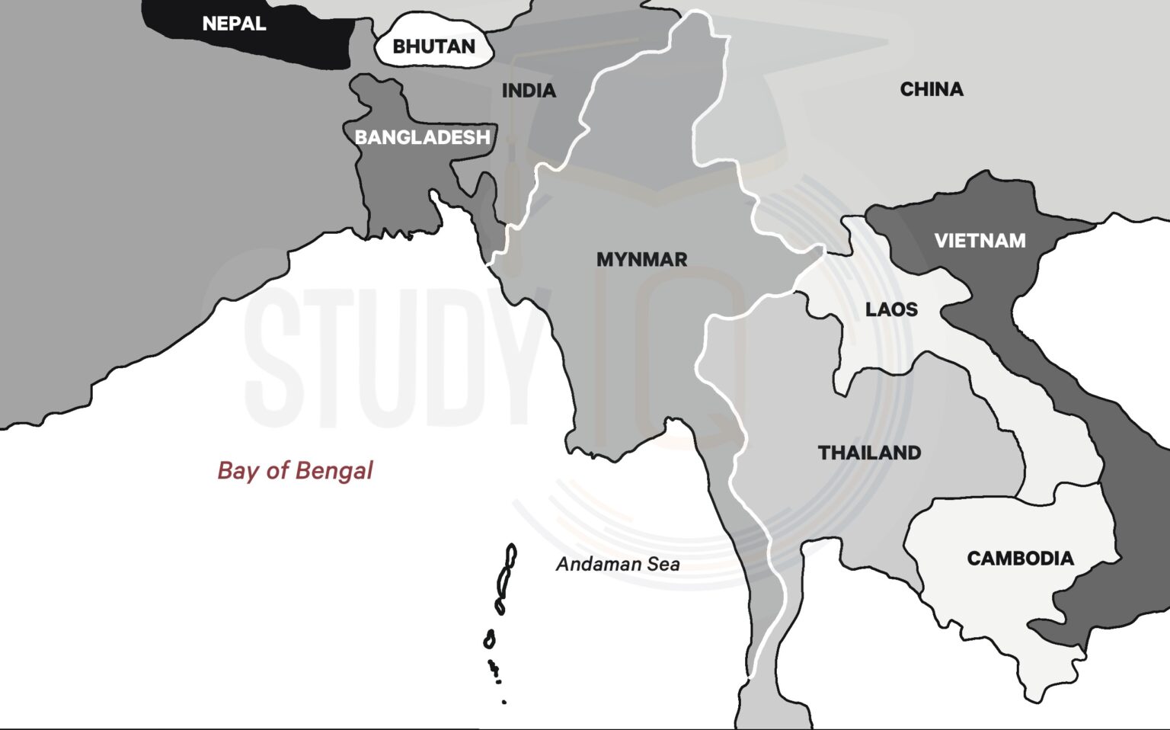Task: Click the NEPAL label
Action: (x=234, y=24)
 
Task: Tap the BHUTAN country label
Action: (x=433, y=46)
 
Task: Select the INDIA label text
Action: (x=529, y=91)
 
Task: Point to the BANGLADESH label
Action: (x=422, y=137)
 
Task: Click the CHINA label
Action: (x=931, y=89)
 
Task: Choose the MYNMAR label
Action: (x=641, y=260)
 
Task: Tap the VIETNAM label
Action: (x=980, y=241)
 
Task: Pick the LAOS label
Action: (x=891, y=309)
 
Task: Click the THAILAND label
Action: (x=869, y=453)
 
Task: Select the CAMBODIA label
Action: (x=1020, y=559)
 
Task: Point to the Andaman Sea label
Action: (x=617, y=564)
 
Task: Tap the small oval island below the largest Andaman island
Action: (x=489, y=639)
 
